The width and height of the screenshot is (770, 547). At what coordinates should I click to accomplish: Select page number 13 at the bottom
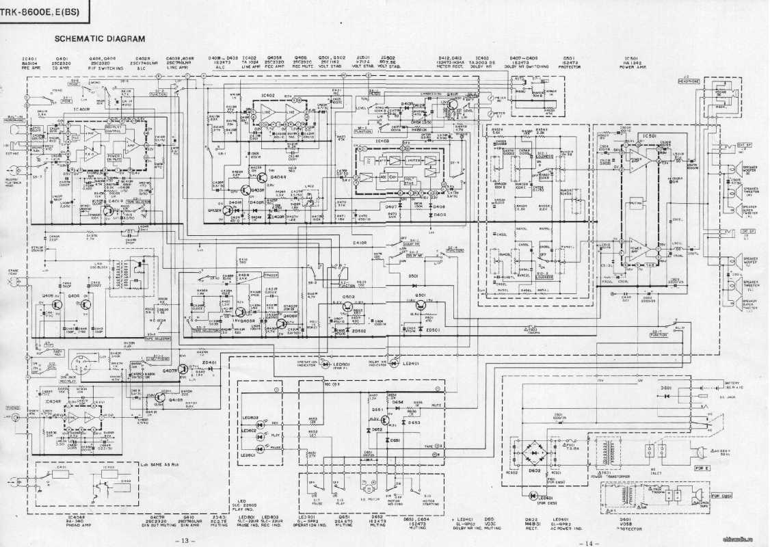pyautogui.click(x=185, y=540)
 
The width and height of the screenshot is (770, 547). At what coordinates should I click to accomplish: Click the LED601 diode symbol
pyautogui.click(x=533, y=495)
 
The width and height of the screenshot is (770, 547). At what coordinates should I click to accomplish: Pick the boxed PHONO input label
pyautogui.click(x=13, y=408)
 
